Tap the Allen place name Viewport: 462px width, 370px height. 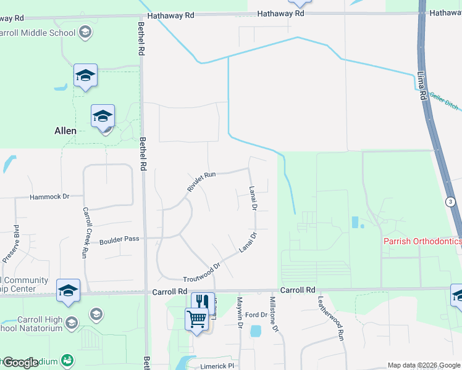(x=65, y=131)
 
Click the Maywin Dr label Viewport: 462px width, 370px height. (x=240, y=311)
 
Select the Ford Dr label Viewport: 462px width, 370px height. (x=256, y=314)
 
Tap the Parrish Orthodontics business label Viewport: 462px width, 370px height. (x=422, y=241)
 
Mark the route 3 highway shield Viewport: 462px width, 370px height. (x=450, y=202)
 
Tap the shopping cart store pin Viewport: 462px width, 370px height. (x=197, y=319)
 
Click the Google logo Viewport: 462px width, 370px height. (x=20, y=363)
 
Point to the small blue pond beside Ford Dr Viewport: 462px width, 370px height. (x=256, y=331)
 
